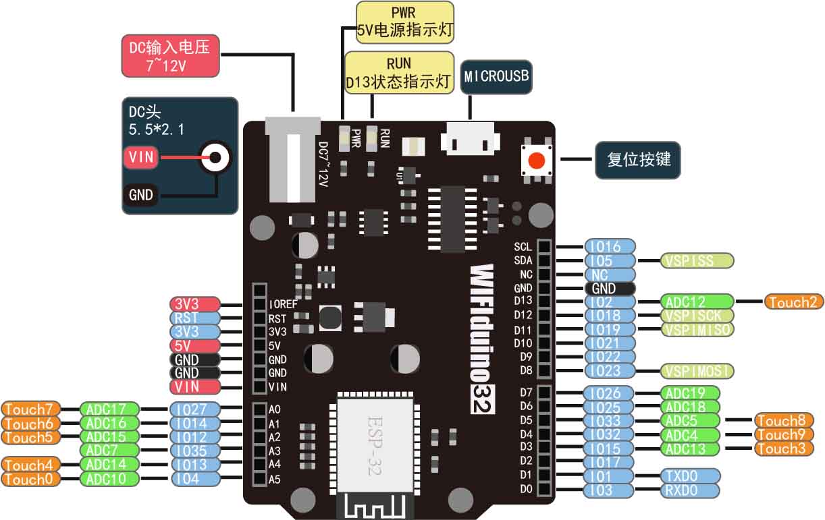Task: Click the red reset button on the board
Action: point(537,161)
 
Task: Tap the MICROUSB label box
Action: point(496,77)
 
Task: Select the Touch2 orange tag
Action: point(794,301)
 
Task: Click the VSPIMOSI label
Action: point(697,371)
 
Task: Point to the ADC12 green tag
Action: point(696,301)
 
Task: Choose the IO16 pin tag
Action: point(610,246)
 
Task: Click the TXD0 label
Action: point(689,476)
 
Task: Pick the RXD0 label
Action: point(689,490)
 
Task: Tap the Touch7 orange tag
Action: point(31,409)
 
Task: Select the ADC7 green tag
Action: point(109,450)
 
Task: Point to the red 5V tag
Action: point(194,345)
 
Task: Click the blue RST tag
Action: point(194,318)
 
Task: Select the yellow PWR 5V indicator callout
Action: point(404,22)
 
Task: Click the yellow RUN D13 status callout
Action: point(398,73)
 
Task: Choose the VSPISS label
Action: point(697,260)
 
